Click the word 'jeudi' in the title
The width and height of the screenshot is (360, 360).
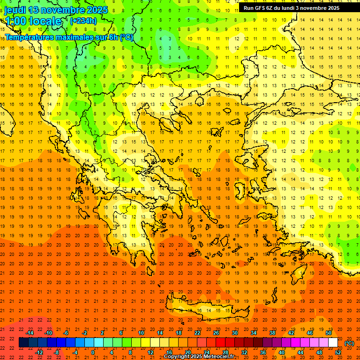[x=15, y=10]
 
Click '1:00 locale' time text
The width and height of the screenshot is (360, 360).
[x=33, y=21]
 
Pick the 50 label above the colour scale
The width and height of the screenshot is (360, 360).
[x=328, y=333]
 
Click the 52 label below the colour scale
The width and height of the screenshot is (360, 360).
[x=338, y=352]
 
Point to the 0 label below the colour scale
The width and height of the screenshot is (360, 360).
[x=93, y=352]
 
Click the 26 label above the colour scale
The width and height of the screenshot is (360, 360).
[x=216, y=333]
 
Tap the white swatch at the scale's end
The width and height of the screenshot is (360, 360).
[x=333, y=343]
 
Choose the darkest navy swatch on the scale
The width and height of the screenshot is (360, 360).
[x=23, y=343]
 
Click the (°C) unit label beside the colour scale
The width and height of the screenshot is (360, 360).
[x=349, y=343]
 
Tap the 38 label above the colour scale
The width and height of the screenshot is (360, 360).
[x=272, y=333]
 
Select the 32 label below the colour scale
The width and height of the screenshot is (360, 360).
[x=244, y=352]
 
